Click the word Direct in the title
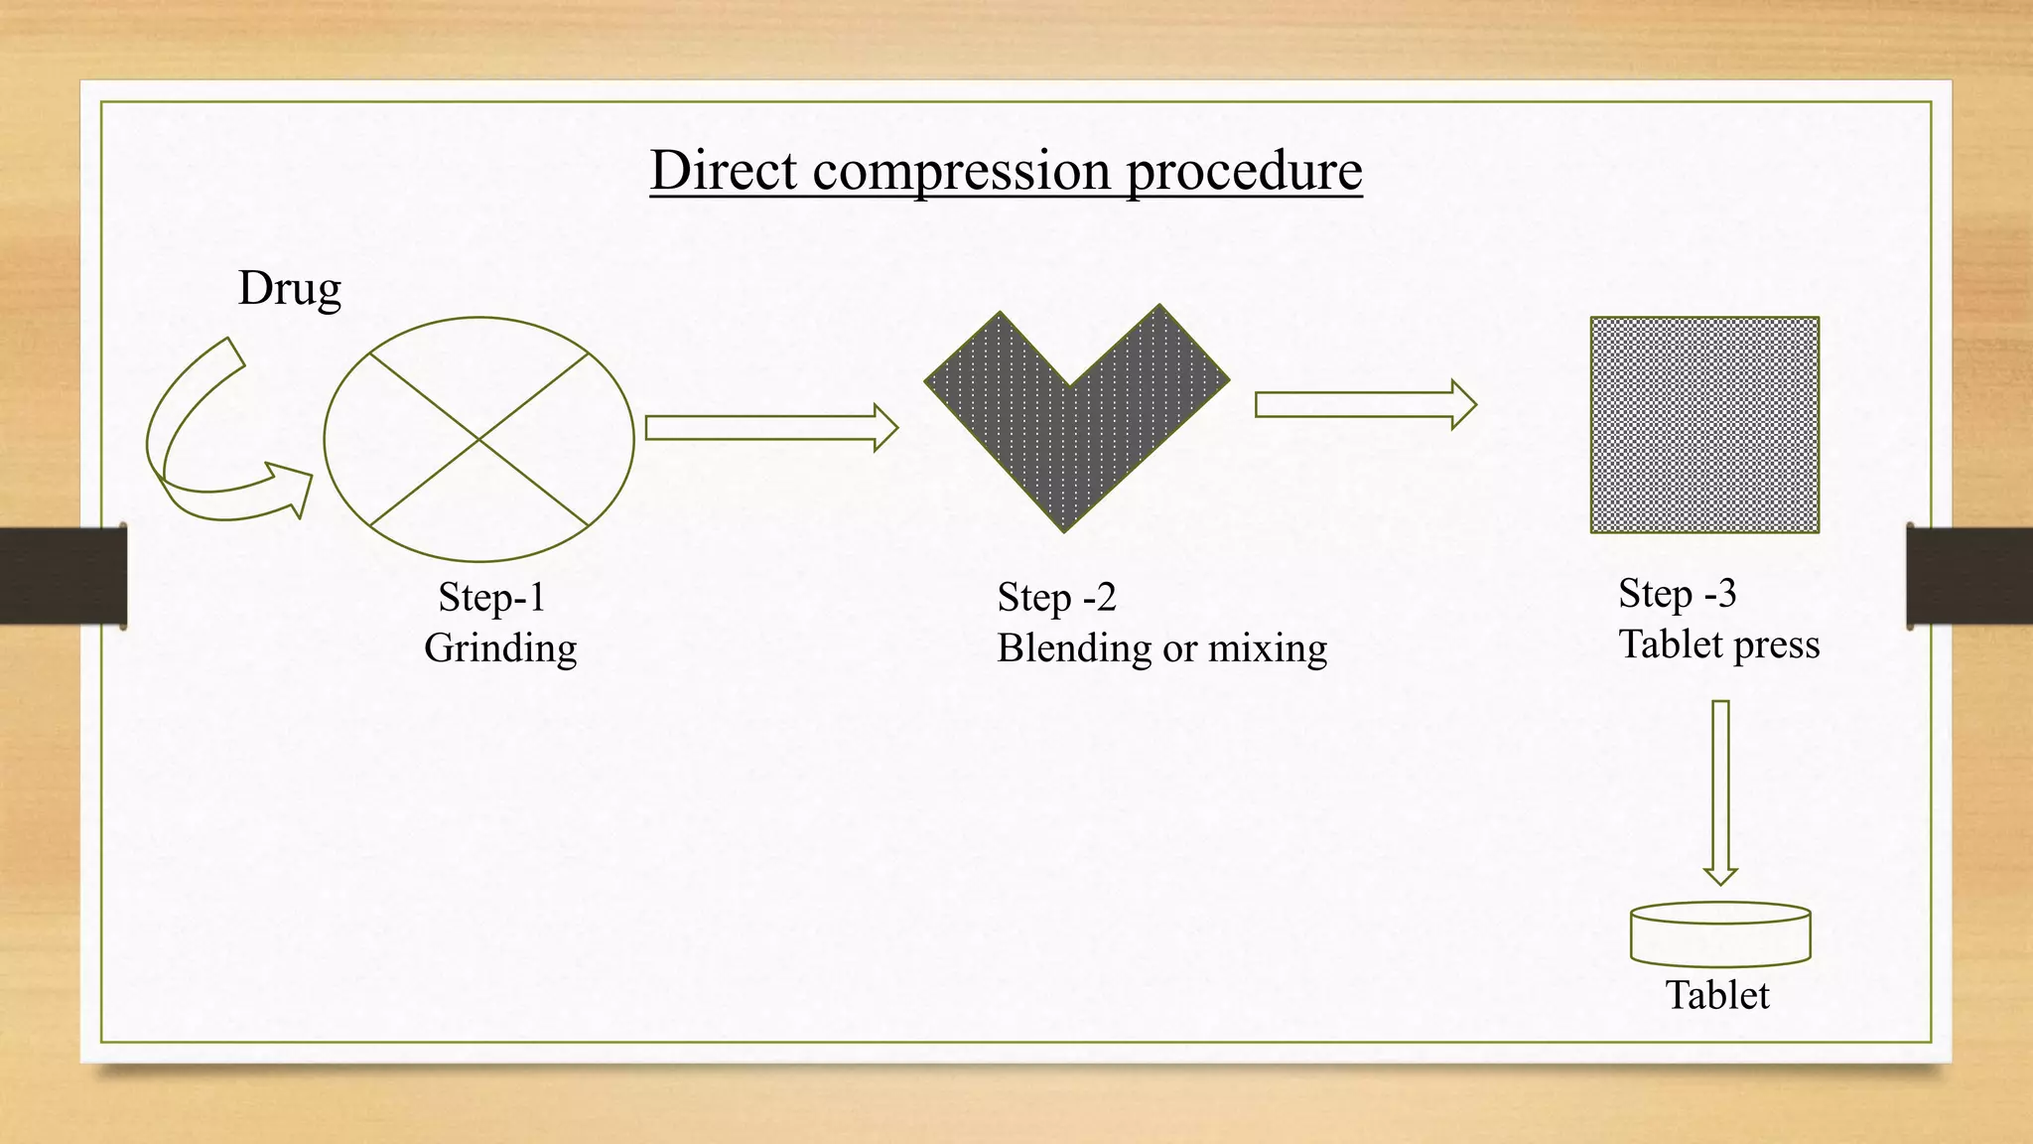[724, 170]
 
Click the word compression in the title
[962, 172]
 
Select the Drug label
[289, 289]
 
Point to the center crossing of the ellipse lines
[479, 439]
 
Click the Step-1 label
[492, 597]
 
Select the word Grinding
[500, 648]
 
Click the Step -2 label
[1056, 597]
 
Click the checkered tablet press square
[1704, 425]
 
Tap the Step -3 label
[1677, 593]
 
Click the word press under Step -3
[1776, 645]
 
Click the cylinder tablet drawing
[1720, 935]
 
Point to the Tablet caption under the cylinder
[1717, 995]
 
